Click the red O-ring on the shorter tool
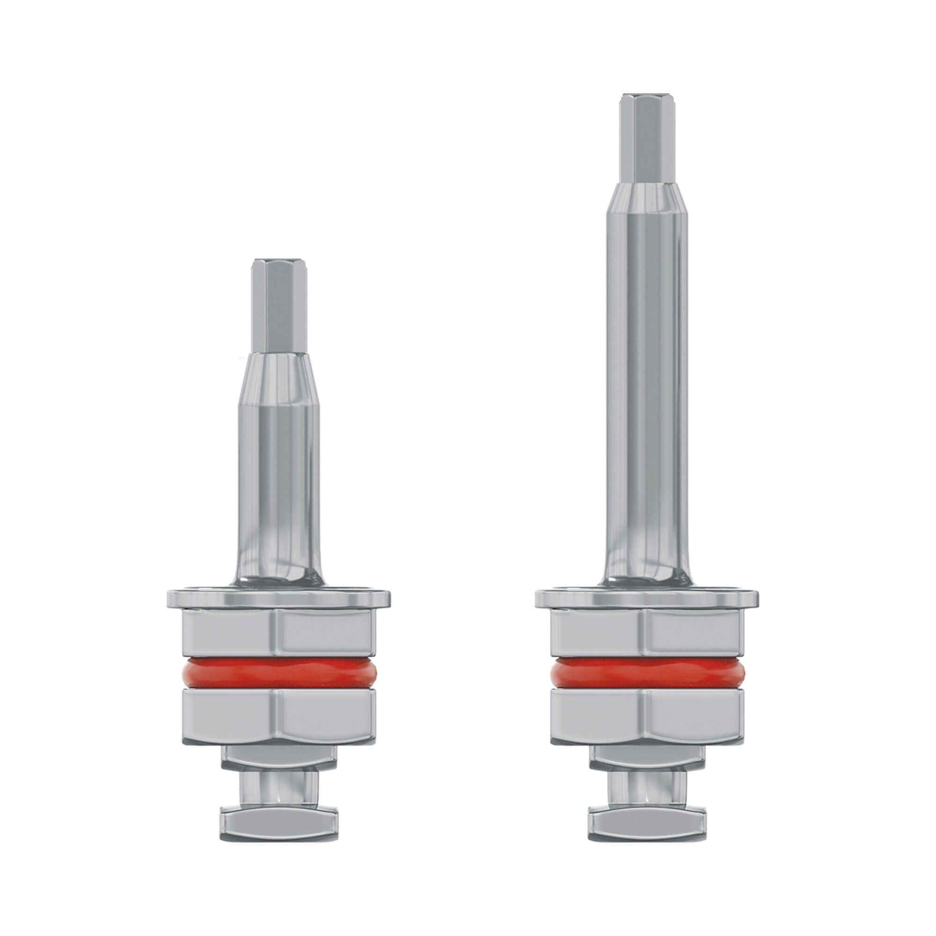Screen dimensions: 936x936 (279, 674)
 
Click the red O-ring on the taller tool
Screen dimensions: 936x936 (647, 674)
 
